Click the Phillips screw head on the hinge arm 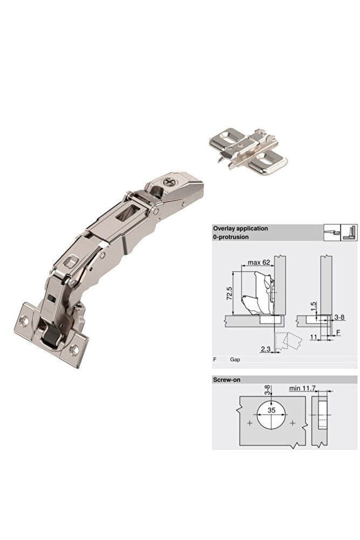click(x=170, y=181)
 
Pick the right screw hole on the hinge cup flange click(x=74, y=351)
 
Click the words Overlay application click(x=240, y=228)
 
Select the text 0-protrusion click(x=230, y=237)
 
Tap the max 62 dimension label click(x=259, y=262)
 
